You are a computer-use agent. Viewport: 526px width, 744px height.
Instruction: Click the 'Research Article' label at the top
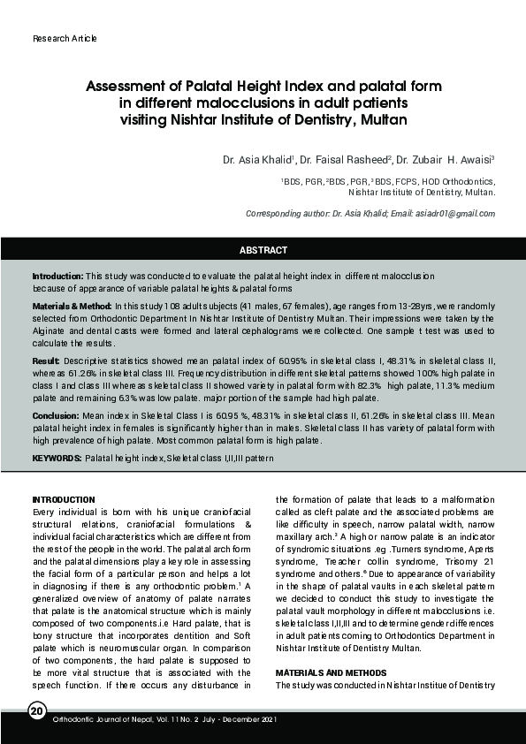tap(65, 39)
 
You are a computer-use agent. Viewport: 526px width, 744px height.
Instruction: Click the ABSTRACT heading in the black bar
tap(263, 250)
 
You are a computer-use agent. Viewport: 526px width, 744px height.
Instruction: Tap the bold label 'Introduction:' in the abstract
tap(58, 277)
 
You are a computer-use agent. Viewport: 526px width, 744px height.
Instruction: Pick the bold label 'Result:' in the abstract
tap(46, 361)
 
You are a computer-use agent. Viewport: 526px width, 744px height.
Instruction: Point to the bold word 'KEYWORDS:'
tap(57, 459)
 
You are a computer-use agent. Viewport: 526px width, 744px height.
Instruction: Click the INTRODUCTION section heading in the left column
tap(64, 500)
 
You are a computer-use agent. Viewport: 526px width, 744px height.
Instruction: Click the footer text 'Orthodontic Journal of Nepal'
tap(103, 719)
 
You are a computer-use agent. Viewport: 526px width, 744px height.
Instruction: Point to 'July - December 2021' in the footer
tap(235, 719)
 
